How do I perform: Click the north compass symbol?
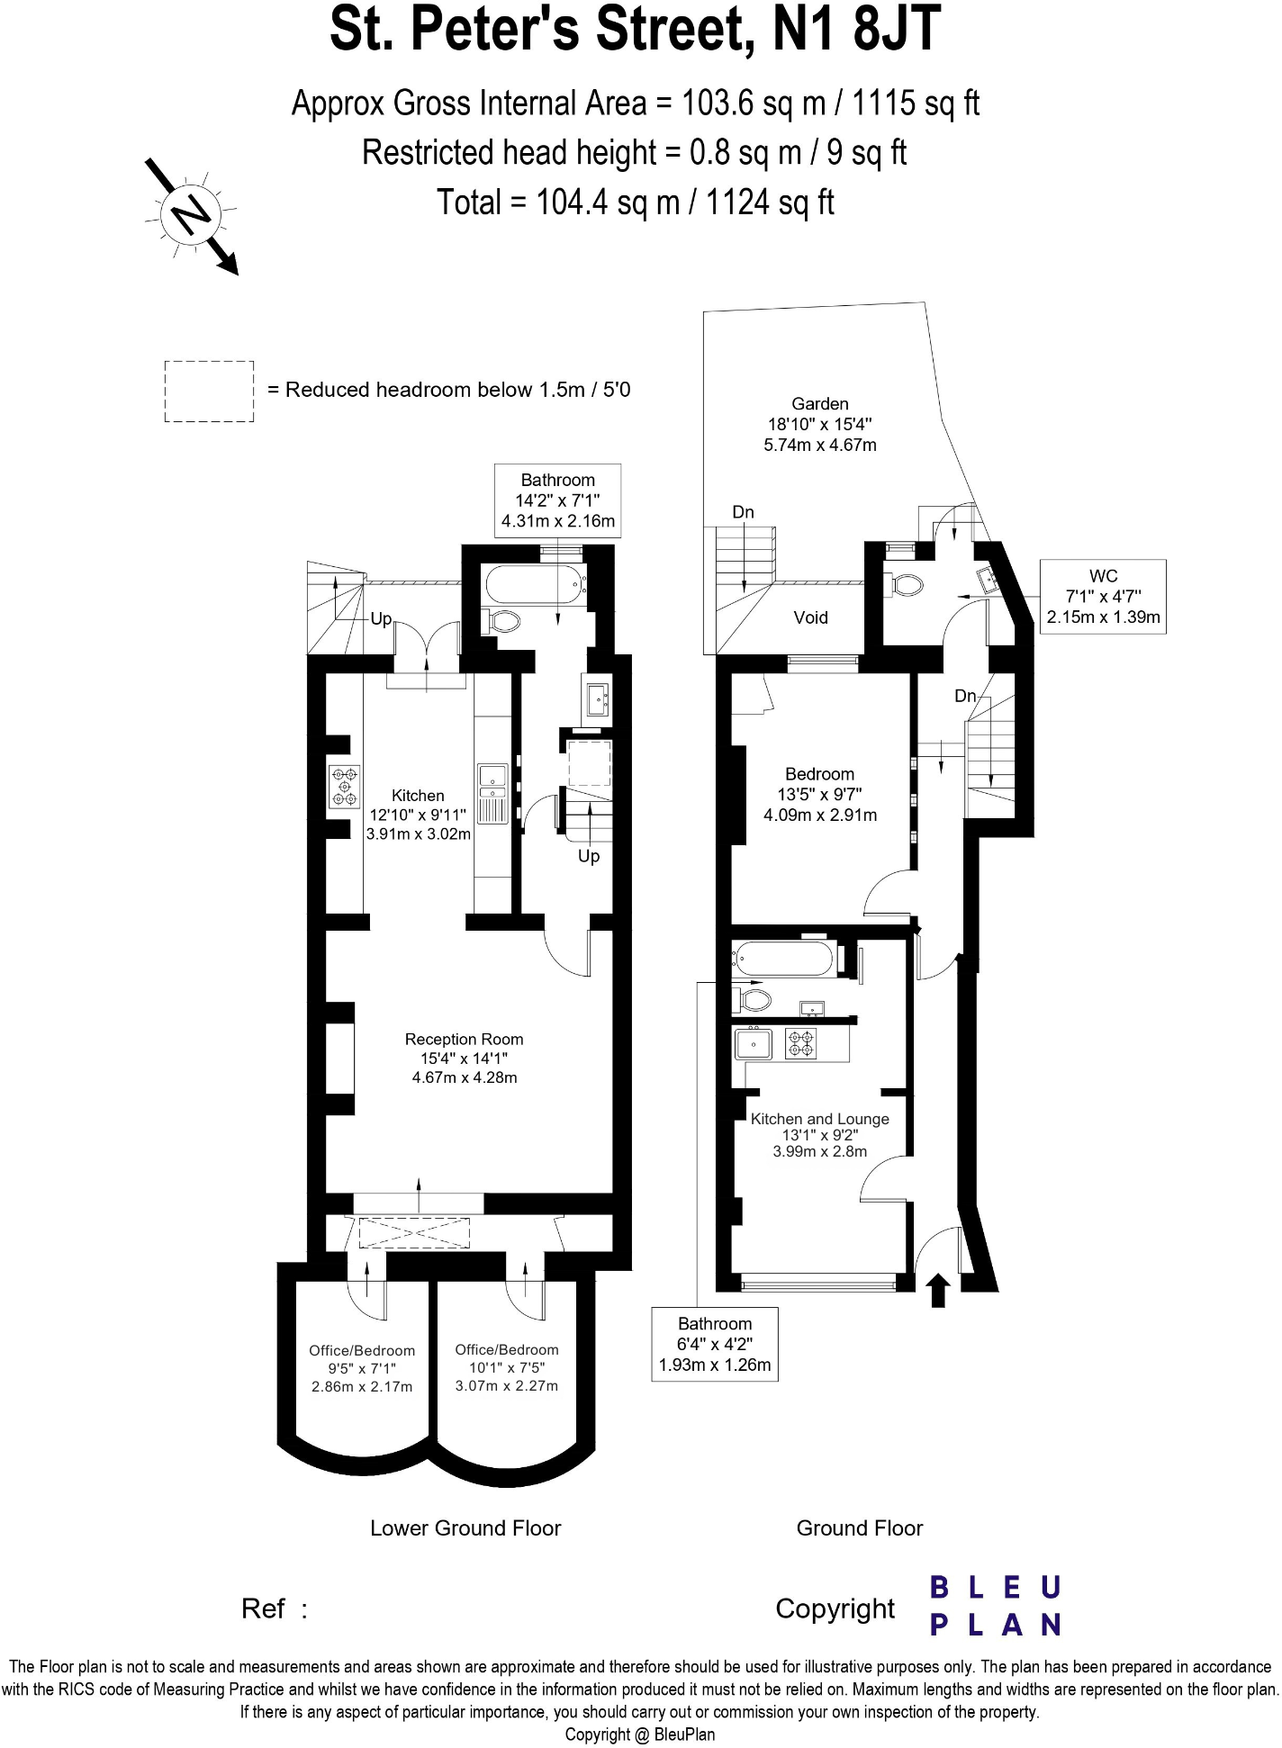(x=190, y=215)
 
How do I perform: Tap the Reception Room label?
(x=464, y=1058)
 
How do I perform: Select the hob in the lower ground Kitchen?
(x=344, y=786)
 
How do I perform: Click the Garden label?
(x=819, y=424)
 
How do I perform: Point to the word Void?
(x=810, y=617)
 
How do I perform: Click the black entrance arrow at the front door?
(x=938, y=1289)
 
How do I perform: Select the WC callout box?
(x=1103, y=597)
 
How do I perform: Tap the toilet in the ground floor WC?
(x=905, y=584)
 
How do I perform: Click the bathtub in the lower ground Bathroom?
(x=535, y=586)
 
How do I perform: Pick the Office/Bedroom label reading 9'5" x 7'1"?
(x=362, y=1368)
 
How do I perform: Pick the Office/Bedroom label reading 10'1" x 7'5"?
(x=507, y=1367)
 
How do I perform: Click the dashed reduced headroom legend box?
(x=209, y=392)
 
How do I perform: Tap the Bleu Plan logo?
(x=996, y=1606)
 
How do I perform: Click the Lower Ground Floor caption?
(x=465, y=1528)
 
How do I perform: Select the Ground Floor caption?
(x=859, y=1528)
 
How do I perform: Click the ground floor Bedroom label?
(x=819, y=794)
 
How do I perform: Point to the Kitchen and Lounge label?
(x=819, y=1135)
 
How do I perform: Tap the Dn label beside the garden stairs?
(x=743, y=512)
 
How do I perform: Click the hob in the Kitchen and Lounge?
(x=801, y=1043)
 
